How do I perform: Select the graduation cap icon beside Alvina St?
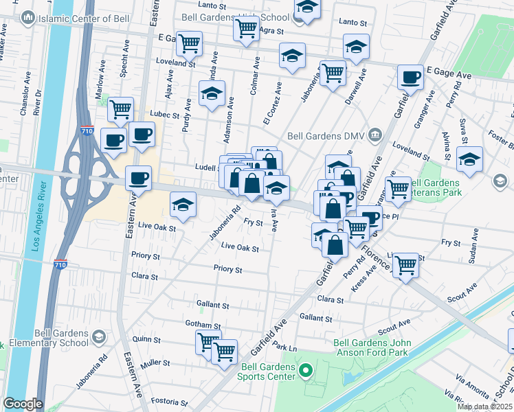[469, 159]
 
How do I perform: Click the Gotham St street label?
[202, 323]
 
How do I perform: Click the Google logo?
[23, 404]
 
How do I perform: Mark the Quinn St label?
[146, 339]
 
